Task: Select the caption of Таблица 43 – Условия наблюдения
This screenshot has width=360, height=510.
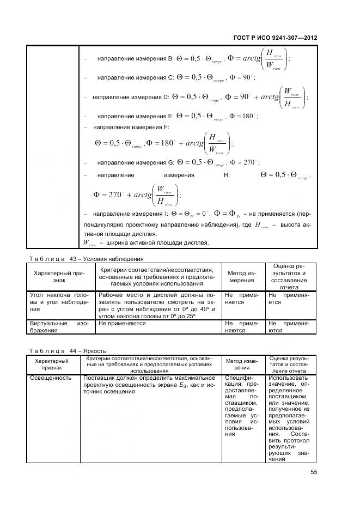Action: click(x=86, y=259)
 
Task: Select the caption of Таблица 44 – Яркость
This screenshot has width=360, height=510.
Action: click(x=67, y=351)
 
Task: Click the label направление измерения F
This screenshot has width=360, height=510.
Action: click(x=131, y=127)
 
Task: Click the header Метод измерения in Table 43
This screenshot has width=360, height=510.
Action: click(x=241, y=276)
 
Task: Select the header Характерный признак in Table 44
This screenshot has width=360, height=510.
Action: click(x=52, y=365)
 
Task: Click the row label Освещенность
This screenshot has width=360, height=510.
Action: click(x=51, y=378)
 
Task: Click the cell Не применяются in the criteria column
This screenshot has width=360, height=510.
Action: click(x=123, y=323)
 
